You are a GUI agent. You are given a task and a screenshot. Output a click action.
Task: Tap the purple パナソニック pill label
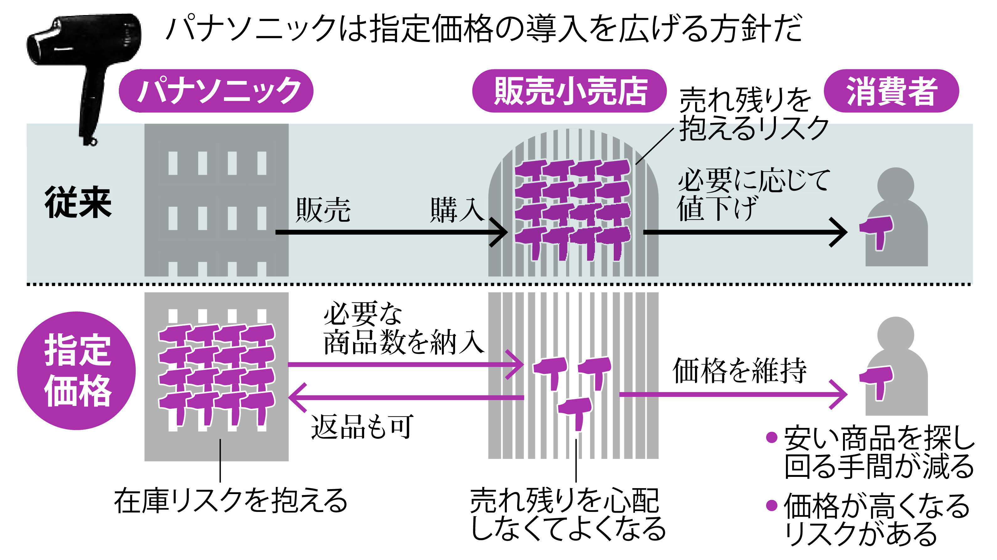coord(216,91)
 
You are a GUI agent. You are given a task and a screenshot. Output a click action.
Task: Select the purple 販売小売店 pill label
coord(569,91)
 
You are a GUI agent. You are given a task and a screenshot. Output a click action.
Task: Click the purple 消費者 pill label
coord(891,91)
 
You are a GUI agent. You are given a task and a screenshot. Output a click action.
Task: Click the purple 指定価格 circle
coord(77,371)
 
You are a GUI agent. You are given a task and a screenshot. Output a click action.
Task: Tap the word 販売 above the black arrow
coord(323,210)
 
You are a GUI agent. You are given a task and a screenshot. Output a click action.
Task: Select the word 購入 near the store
coord(457,210)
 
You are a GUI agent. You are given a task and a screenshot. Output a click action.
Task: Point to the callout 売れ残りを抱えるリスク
coord(753,114)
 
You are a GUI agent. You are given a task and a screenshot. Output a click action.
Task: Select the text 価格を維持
coord(739,371)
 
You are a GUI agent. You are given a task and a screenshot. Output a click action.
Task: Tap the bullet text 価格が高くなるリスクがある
coord(877,519)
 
